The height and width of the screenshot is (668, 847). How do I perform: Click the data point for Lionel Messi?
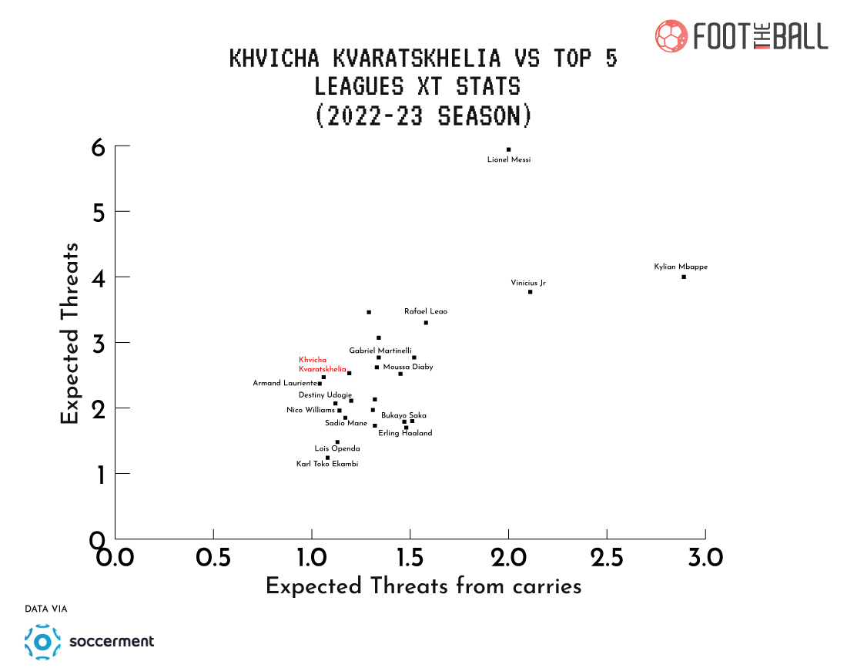click(508, 149)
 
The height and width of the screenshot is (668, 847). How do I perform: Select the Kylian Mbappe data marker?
click(684, 277)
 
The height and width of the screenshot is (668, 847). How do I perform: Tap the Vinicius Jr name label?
click(528, 283)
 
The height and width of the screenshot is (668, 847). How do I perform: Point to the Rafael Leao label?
click(426, 311)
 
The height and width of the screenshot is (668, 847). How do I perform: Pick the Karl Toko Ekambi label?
click(327, 464)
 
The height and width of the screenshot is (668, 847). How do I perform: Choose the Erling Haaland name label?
click(405, 433)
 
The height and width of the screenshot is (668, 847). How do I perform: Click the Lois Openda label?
click(337, 448)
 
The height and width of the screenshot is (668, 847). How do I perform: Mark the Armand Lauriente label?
click(285, 383)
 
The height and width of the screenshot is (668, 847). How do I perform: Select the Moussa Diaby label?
click(408, 367)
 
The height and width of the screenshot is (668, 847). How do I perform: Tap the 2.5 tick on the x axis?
click(607, 556)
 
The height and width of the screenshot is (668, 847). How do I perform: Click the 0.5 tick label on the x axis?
click(213, 556)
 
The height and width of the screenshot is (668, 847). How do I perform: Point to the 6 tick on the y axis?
click(99, 147)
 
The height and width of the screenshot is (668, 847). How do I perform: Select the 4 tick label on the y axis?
click(99, 277)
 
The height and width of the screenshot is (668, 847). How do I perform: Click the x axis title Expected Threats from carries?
click(423, 586)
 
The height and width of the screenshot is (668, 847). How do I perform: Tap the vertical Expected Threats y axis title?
click(70, 334)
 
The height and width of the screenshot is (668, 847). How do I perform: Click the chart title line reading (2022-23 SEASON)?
click(423, 116)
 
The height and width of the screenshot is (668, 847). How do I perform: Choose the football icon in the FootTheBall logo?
click(671, 36)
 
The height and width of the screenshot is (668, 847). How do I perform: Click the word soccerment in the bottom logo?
click(112, 641)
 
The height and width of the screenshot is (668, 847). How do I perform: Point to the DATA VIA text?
click(46, 609)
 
